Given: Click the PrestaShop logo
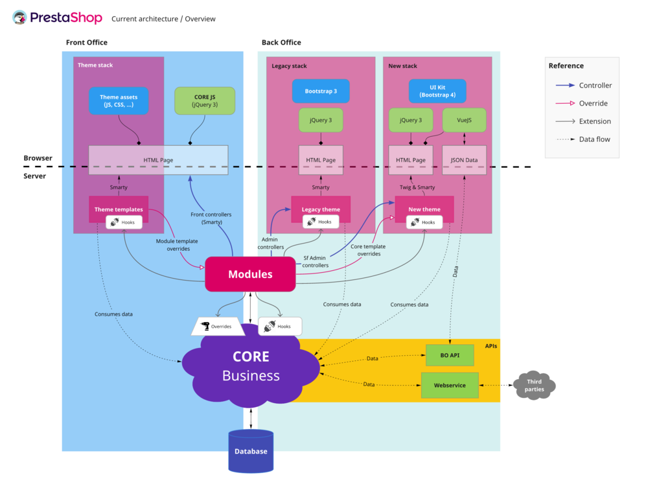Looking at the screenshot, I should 57,18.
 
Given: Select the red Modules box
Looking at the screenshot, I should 250,274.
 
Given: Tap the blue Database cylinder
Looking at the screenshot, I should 251,451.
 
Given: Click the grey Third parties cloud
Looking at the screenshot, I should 534,386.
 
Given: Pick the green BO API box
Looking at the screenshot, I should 450,355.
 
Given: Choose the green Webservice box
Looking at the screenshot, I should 450,385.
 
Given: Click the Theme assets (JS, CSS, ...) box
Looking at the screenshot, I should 119,101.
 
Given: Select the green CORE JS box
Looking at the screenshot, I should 205,101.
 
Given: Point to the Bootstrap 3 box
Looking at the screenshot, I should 321,91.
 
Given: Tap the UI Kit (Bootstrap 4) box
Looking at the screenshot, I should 437,91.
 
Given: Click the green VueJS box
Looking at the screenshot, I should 464,120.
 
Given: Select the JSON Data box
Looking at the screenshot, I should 464,160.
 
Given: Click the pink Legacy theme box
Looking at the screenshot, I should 321,209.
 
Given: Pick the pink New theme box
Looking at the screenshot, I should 424,209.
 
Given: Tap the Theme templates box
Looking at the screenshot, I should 119,209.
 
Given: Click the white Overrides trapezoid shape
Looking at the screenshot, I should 218,326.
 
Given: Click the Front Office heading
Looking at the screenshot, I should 87,43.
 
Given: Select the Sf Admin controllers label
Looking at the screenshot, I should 316,261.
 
